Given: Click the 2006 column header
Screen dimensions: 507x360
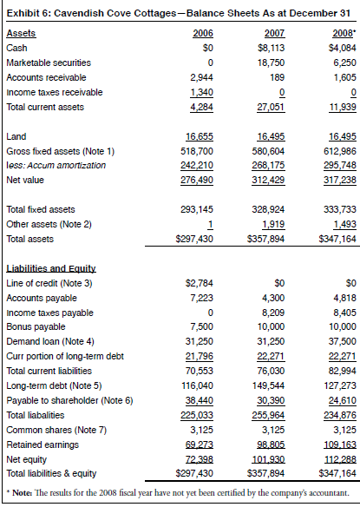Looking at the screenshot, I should click(203, 33).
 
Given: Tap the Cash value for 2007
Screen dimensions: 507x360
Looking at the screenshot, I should click(272, 49).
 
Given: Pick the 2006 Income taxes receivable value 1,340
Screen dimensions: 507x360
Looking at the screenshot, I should click(200, 92).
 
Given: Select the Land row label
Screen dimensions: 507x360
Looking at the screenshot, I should click(16, 137).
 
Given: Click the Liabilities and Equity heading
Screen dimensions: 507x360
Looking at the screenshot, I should click(51, 269).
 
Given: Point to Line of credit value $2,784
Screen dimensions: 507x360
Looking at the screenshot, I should click(200, 283).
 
